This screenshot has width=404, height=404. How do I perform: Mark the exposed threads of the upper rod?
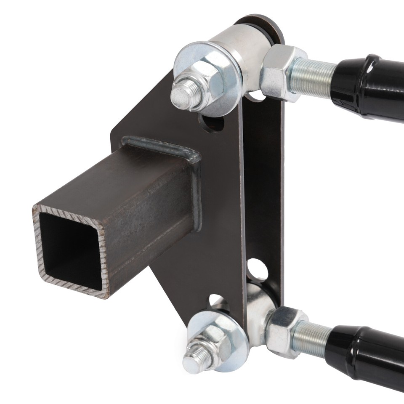(x=314, y=78)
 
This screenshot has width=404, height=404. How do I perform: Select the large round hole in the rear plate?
(x=257, y=270)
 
